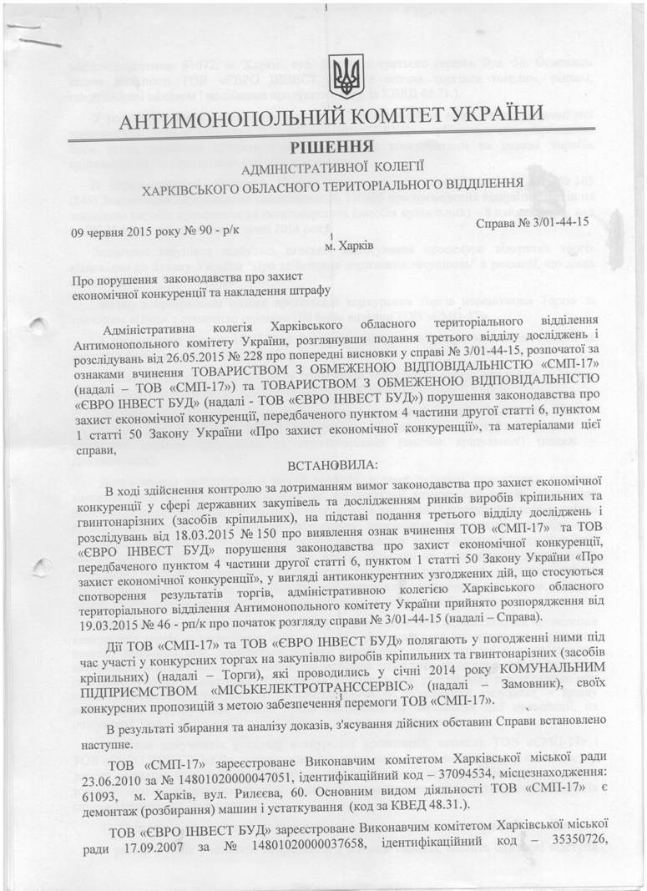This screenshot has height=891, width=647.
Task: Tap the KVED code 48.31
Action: tap(463, 812)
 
